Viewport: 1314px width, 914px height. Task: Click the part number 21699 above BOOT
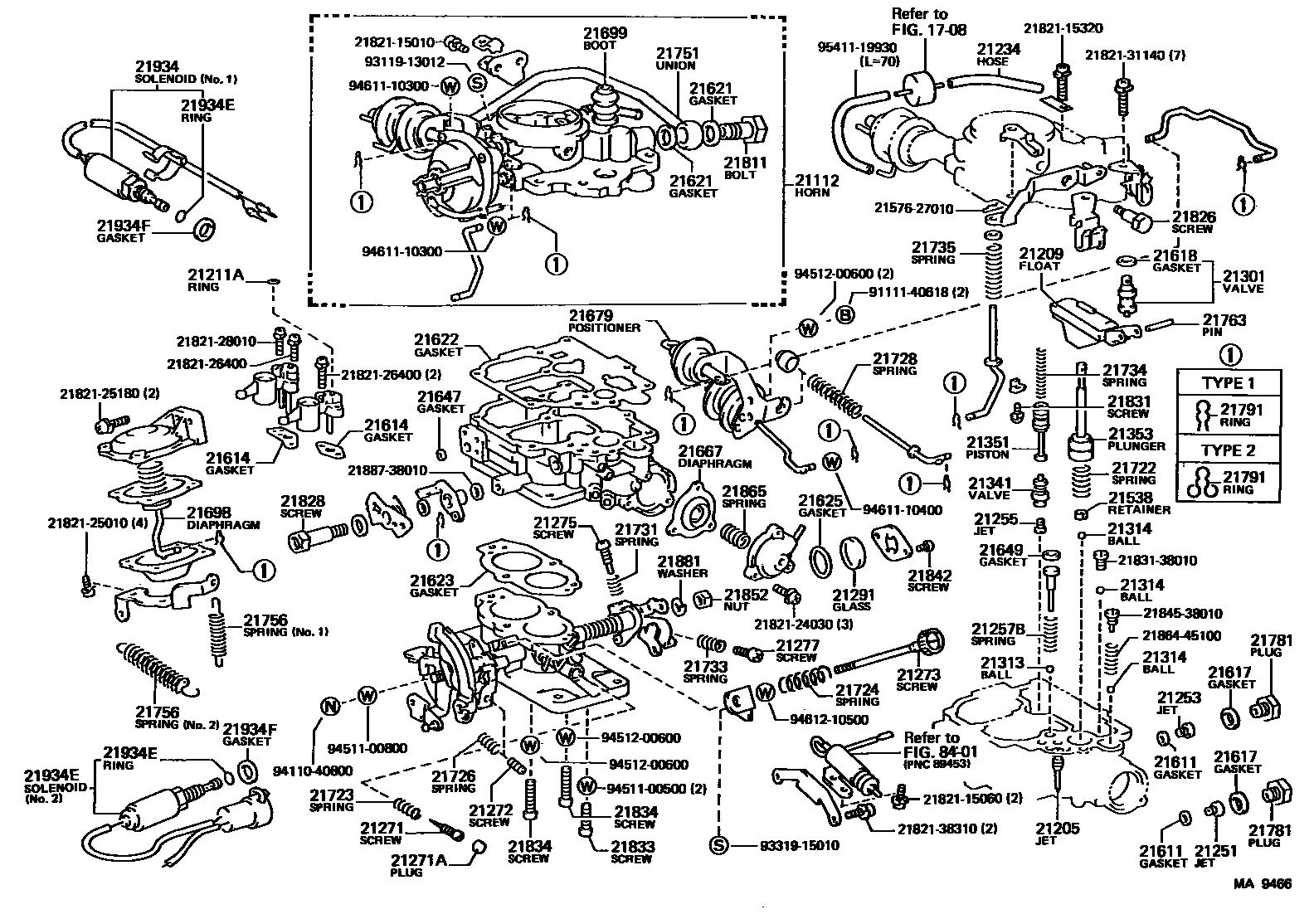click(x=605, y=33)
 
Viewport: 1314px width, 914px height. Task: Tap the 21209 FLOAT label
click(x=1040, y=260)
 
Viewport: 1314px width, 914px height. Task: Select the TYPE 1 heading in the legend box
click(x=1228, y=384)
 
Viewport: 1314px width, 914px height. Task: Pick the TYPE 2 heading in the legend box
click(x=1228, y=450)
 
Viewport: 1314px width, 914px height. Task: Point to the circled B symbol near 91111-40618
click(x=844, y=315)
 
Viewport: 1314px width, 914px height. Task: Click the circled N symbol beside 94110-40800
click(x=331, y=706)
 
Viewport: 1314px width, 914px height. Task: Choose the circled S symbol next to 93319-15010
click(x=718, y=845)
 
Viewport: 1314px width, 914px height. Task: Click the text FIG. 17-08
click(x=928, y=29)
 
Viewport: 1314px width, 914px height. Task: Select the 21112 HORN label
click(x=817, y=186)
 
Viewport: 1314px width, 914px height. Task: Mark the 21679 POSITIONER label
click(x=604, y=321)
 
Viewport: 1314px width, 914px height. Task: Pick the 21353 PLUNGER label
click(x=1136, y=440)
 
